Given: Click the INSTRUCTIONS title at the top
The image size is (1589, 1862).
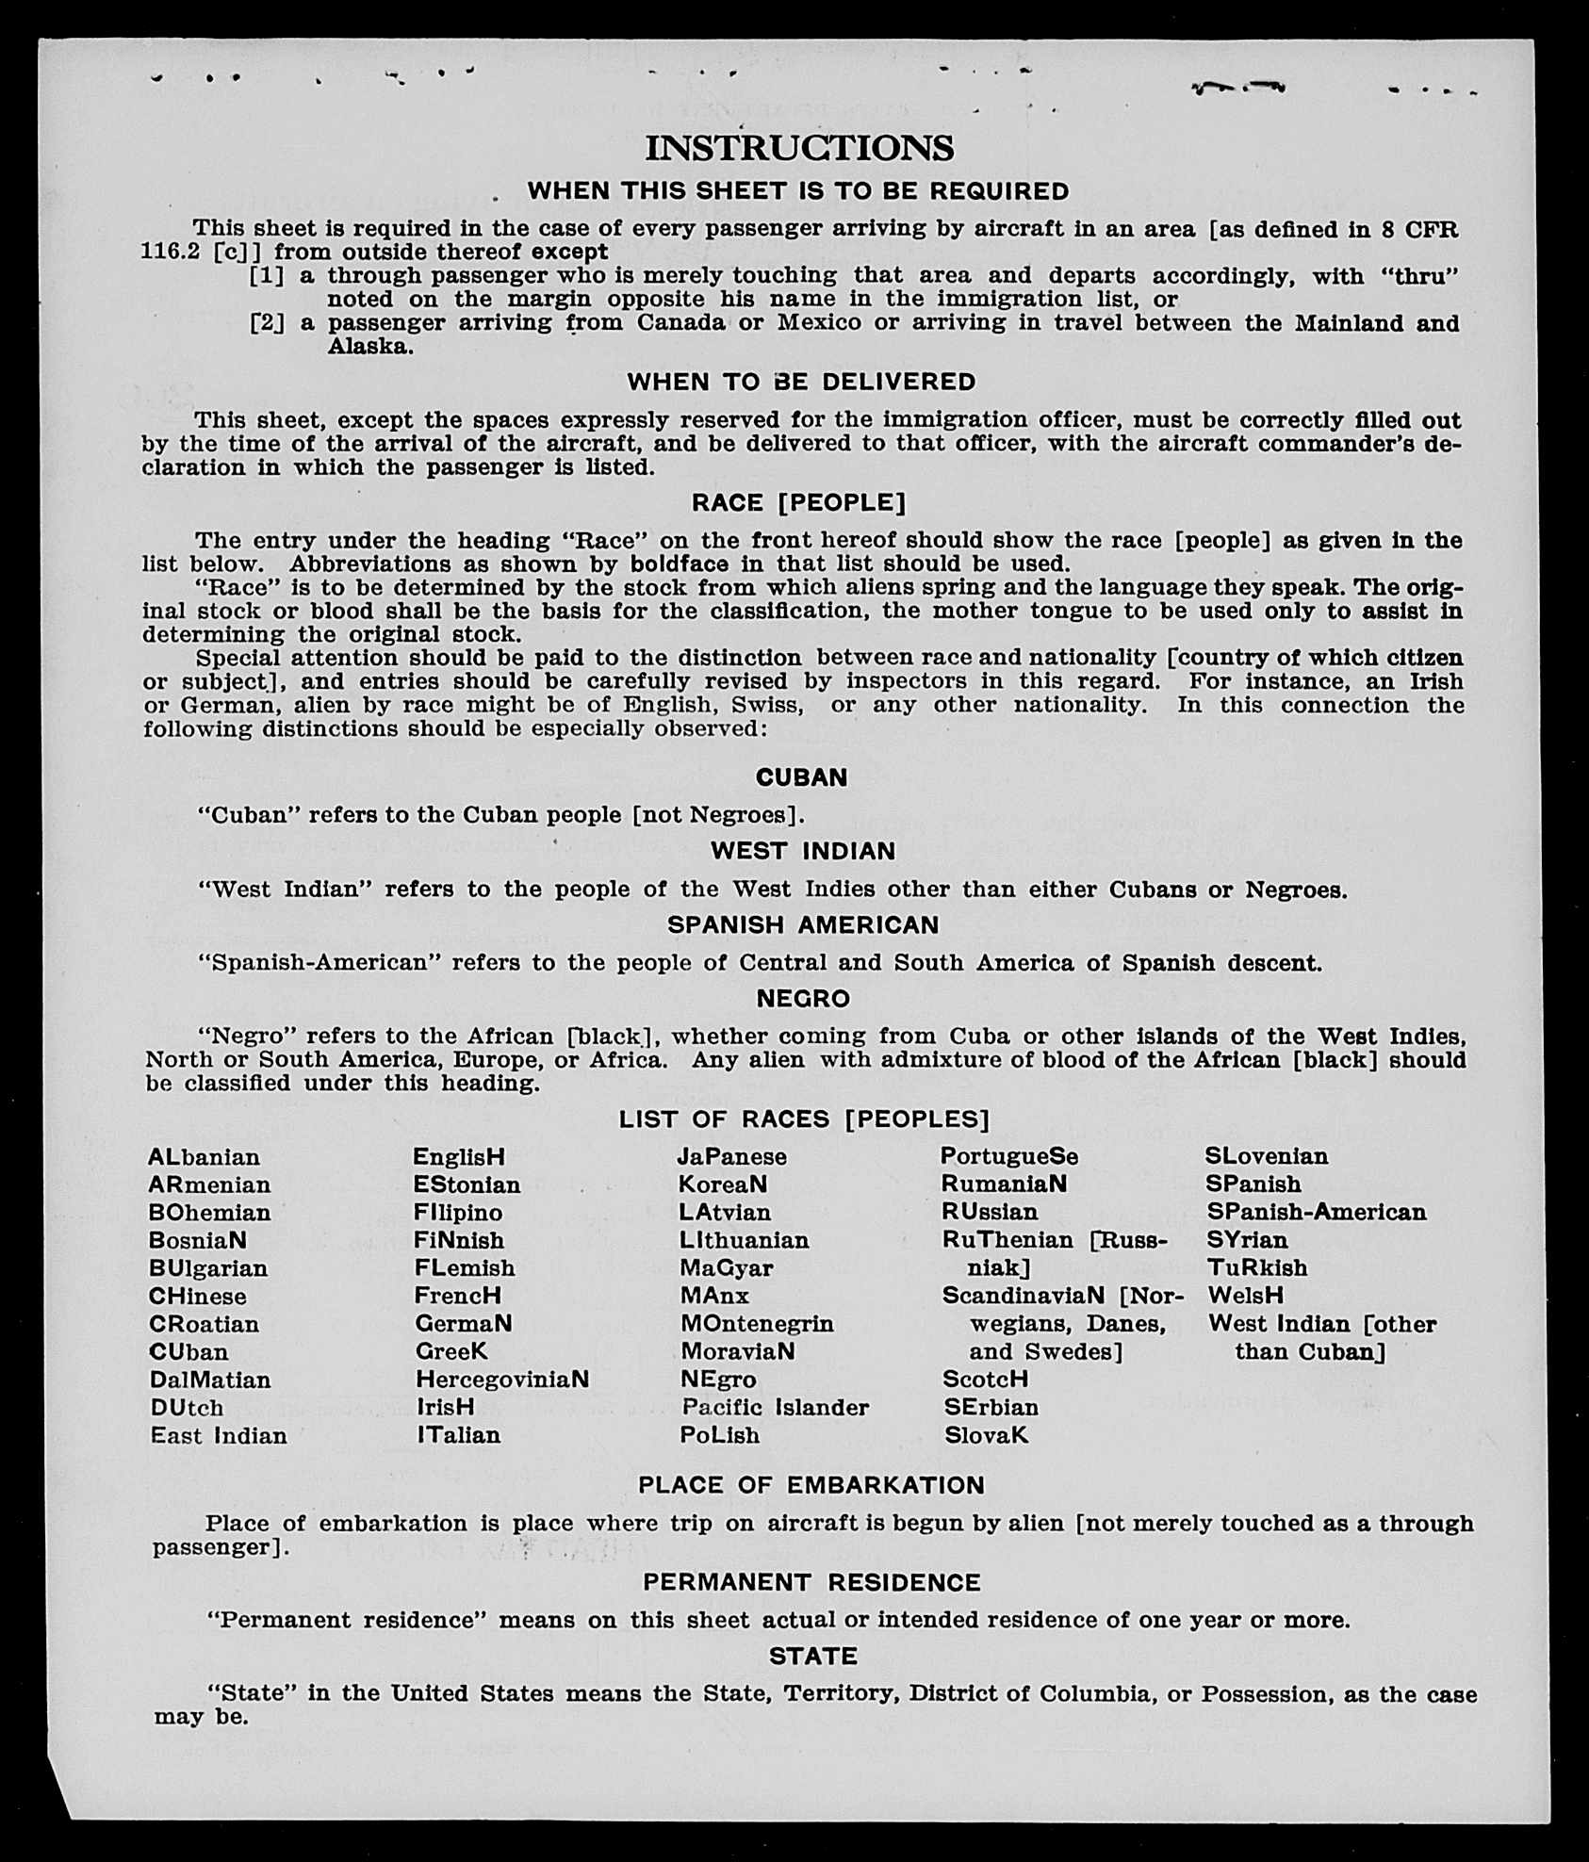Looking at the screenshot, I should pos(799,149).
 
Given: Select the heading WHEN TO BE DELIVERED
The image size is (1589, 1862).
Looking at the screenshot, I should pos(801,383).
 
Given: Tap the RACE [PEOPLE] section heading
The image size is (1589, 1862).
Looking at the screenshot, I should pos(799,503).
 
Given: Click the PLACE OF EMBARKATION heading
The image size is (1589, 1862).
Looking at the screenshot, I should pos(811,1486).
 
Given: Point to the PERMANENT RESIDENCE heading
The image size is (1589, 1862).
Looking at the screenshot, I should pos(811,1582).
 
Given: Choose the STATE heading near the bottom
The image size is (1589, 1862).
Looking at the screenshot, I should pos(813,1656).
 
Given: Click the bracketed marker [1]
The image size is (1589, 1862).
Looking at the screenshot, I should pos(267,276).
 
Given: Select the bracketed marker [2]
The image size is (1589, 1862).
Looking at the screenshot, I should pos(267,323).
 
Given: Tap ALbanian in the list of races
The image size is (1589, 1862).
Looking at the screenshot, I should pos(204,1157).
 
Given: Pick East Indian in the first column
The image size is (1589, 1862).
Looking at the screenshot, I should pos(219,1436).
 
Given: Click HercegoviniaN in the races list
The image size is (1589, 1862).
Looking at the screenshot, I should pos(502,1380).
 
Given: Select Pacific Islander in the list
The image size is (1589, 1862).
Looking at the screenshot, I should pos(775,1408).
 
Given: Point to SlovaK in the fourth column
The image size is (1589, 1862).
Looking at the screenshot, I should pos(986,1436).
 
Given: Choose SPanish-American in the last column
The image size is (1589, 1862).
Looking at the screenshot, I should pos(1317,1213).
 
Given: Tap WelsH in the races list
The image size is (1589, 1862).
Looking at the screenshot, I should pos(1245,1296).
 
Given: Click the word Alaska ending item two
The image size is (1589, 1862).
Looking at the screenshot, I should pos(370,347).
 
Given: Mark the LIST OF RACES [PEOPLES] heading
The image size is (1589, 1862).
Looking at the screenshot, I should pos(804,1119).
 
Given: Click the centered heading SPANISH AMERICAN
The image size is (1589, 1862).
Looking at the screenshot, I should pos(803,925).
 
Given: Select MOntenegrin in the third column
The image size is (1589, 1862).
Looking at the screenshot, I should pos(757,1324).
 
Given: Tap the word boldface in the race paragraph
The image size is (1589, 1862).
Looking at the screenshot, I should pos(680,564).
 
